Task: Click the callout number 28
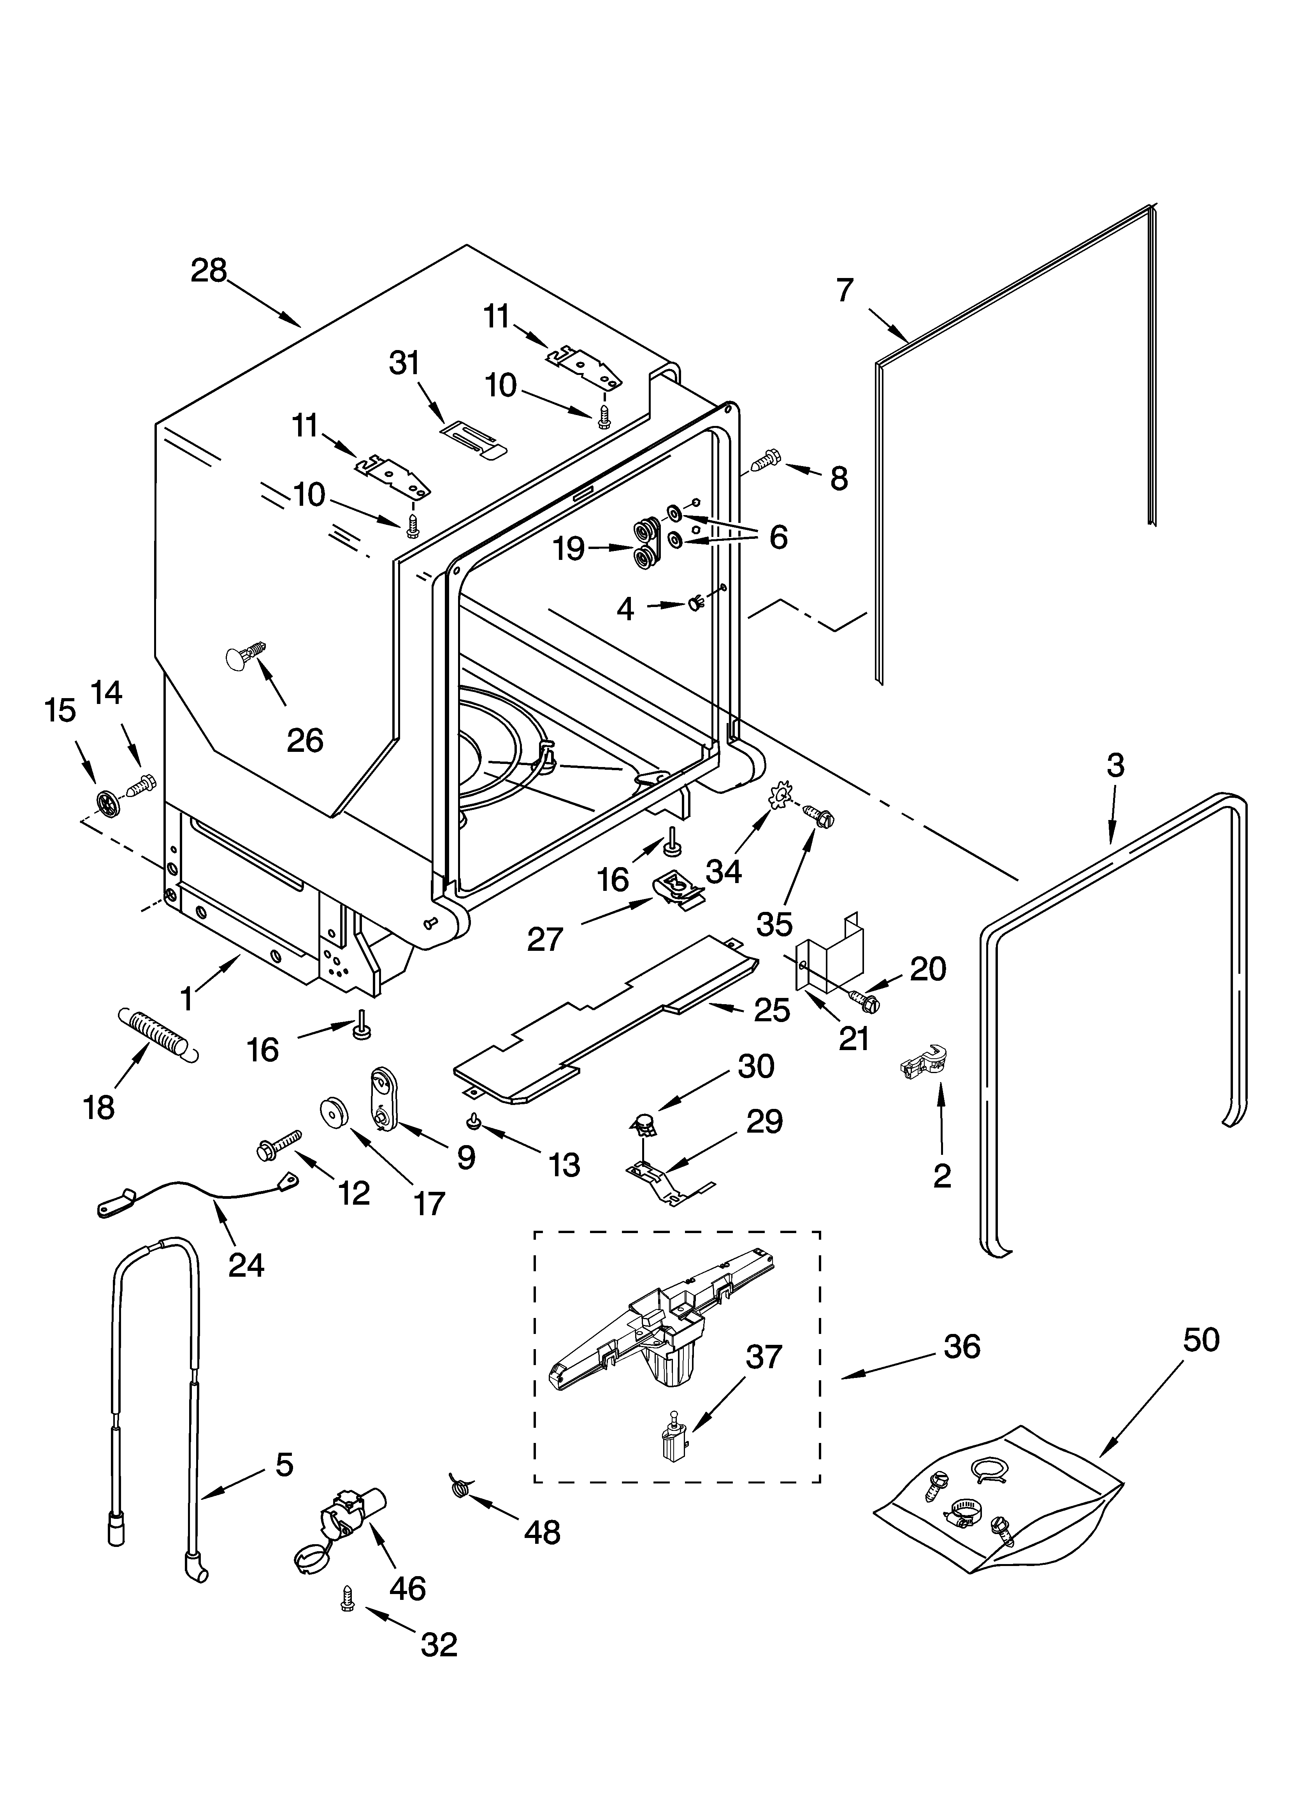point(209,271)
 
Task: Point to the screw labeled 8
point(765,459)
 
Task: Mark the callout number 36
point(962,1347)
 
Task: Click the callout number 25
point(771,1010)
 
